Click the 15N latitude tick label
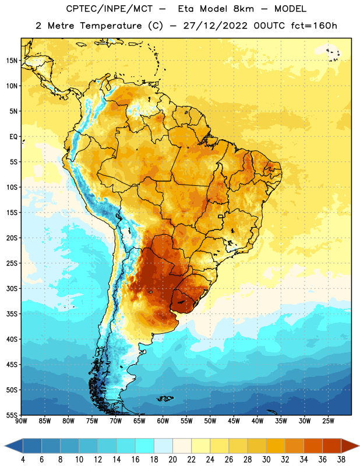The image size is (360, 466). [x=12, y=61]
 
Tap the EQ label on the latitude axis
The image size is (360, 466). [x=13, y=137]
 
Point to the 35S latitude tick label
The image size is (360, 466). [x=12, y=314]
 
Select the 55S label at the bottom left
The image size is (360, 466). [x=12, y=415]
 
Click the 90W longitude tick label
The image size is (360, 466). [x=21, y=421]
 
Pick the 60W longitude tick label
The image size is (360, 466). [x=163, y=421]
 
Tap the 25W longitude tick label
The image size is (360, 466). [x=328, y=421]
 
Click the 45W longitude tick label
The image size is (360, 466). [x=234, y=421]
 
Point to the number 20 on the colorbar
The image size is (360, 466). [x=172, y=460]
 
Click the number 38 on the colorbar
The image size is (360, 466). [x=341, y=460]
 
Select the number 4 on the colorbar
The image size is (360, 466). [x=23, y=460]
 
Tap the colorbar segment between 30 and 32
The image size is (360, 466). [x=276, y=446]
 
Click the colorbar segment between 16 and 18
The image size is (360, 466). [x=144, y=446]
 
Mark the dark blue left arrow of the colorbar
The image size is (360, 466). [x=14, y=446]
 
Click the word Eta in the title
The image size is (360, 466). [x=186, y=9]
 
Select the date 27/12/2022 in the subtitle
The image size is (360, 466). [x=215, y=26]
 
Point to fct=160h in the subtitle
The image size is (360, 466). [x=314, y=26]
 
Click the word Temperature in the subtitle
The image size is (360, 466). [x=111, y=26]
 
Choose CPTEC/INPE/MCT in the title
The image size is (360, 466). [x=110, y=9]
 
